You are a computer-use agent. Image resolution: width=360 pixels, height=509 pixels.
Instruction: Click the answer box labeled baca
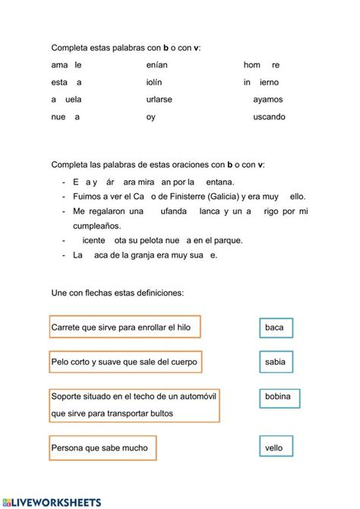(275, 327)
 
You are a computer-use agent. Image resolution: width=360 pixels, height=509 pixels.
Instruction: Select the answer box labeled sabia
(275, 362)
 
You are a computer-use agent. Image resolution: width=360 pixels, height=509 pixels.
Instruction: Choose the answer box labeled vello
(274, 447)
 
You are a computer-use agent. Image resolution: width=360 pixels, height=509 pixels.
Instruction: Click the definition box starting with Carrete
(125, 327)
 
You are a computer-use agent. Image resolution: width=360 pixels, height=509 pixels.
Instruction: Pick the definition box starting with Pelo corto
(125, 362)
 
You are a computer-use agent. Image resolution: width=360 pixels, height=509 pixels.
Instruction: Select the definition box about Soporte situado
(134, 405)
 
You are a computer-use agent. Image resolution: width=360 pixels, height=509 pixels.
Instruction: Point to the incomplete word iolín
(154, 81)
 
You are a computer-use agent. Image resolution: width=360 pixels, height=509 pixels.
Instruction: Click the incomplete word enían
(158, 65)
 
